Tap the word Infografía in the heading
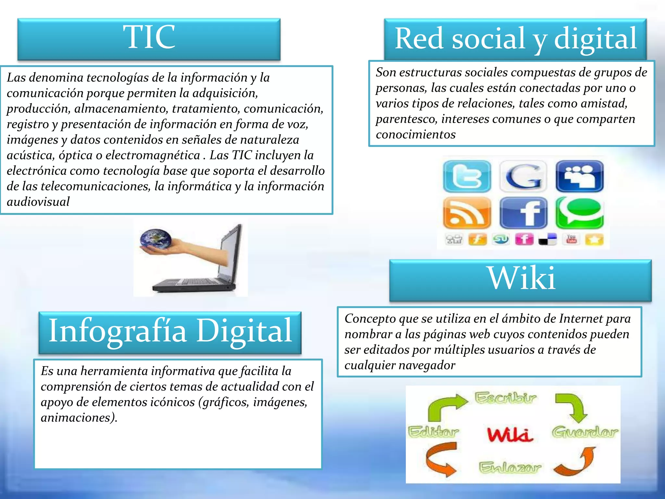pyautogui.click(x=118, y=331)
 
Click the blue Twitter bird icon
pyautogui.click(x=467, y=176)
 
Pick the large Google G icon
pyautogui.click(x=523, y=176)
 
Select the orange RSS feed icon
pyautogui.click(x=467, y=213)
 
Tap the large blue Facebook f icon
pyautogui.click(x=523, y=213)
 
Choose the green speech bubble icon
pyautogui.click(x=580, y=212)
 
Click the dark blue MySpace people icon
pyautogui.click(x=580, y=176)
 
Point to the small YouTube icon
pyautogui.click(x=571, y=239)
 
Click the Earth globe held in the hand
pyautogui.click(x=156, y=239)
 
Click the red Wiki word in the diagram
pyautogui.click(x=510, y=434)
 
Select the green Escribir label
pyautogui.click(x=505, y=398)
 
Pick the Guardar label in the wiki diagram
pyautogui.click(x=585, y=432)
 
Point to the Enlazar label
pyautogui.click(x=510, y=467)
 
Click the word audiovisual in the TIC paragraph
pyautogui.click(x=38, y=202)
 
